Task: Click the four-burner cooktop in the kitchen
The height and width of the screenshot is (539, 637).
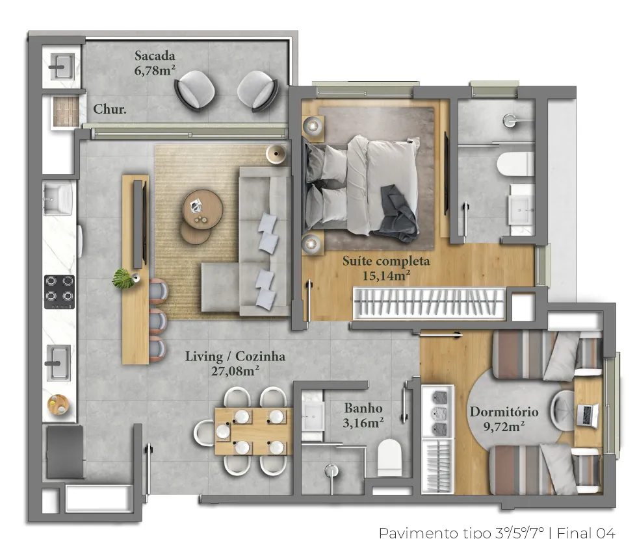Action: pos(59,292)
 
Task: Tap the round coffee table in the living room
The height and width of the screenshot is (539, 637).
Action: pos(202,210)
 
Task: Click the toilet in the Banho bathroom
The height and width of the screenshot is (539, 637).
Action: pos(389,457)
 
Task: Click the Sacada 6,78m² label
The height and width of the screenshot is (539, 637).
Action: pos(155,63)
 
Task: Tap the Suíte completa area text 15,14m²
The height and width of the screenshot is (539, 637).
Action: pos(386,276)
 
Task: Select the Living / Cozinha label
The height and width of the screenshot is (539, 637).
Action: pos(235,357)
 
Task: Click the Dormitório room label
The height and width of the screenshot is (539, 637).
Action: pos(504,412)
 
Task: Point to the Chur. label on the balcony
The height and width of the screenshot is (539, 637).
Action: pos(110,109)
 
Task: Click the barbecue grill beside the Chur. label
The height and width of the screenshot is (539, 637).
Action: pos(66,111)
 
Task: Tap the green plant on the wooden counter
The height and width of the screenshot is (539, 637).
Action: pos(123,279)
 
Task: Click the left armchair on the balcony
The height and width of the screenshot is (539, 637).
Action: pos(194,90)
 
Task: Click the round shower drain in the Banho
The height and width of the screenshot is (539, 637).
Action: pos(332,470)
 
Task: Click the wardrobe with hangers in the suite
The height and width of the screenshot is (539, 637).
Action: pos(429,303)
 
